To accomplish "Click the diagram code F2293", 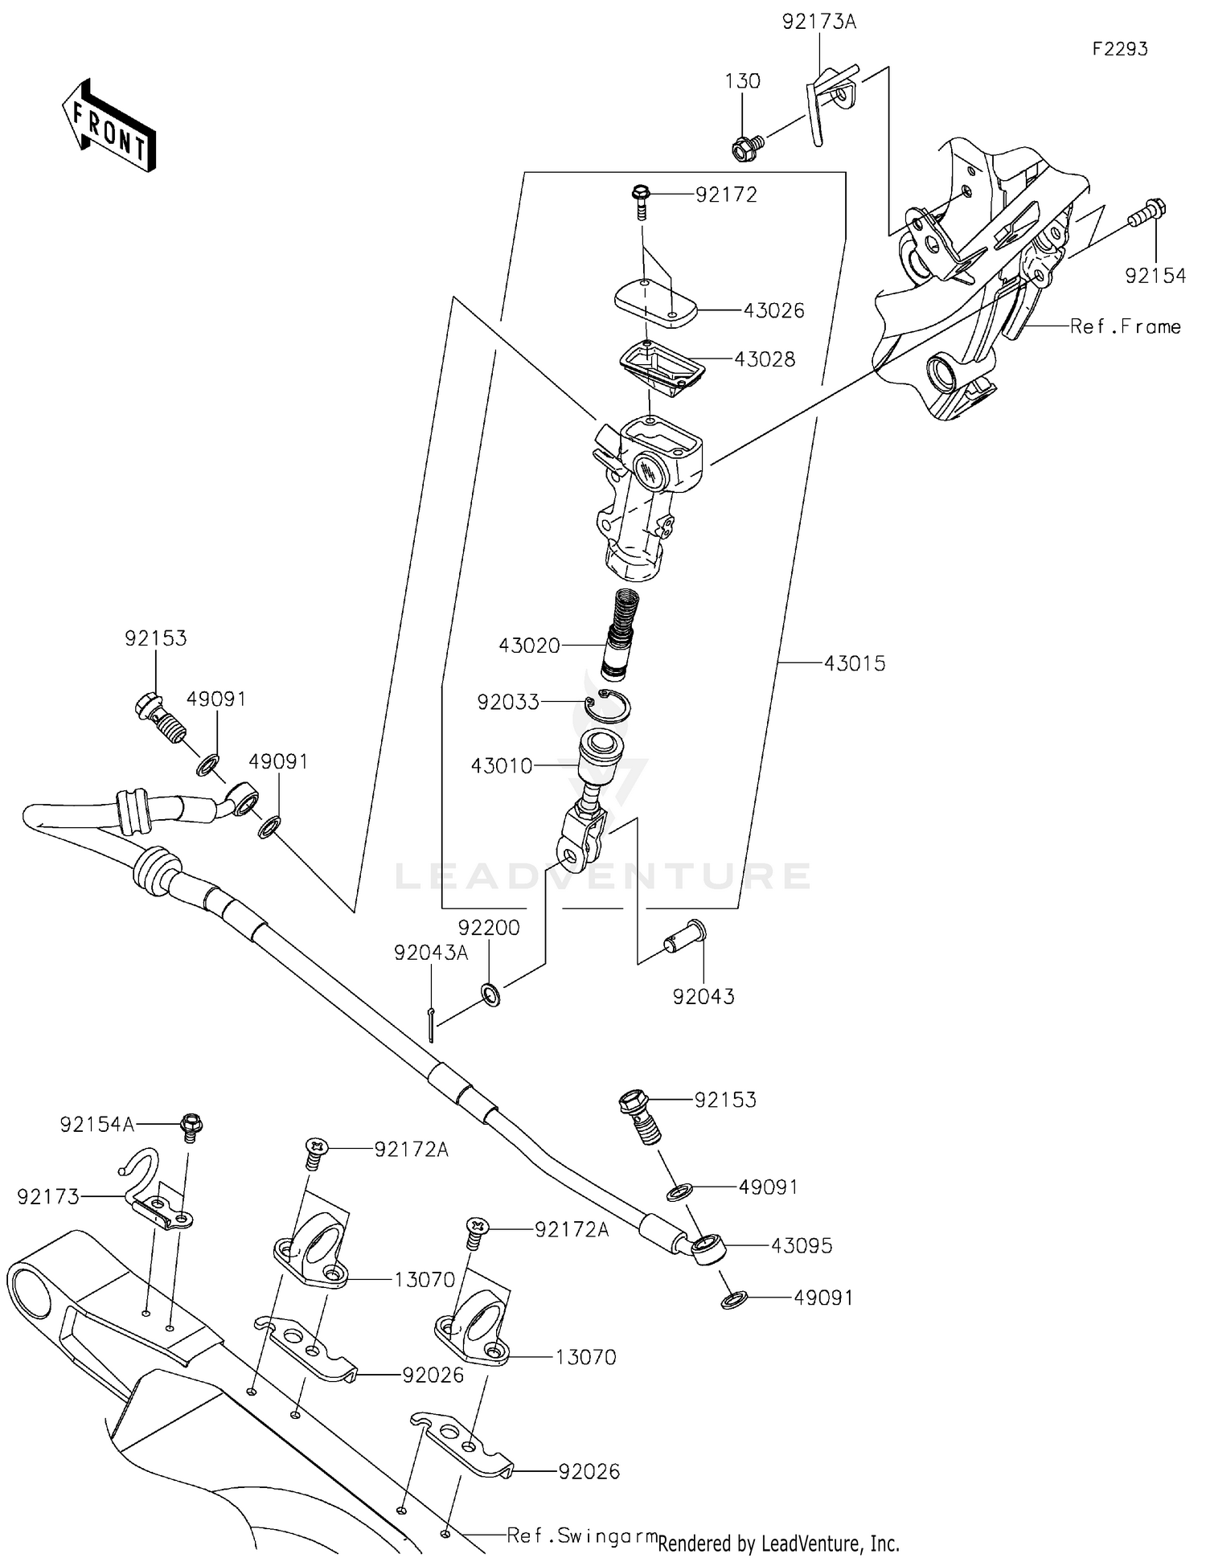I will (1119, 49).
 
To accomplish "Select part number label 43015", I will (854, 663).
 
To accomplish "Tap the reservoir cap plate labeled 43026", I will (655, 304).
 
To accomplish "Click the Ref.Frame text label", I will (1125, 326).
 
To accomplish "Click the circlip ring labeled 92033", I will (607, 706).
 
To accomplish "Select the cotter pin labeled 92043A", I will (431, 1026).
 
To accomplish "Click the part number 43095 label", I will (801, 1245).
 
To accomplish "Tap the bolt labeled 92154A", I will (191, 1126).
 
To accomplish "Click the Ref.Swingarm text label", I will (581, 1535).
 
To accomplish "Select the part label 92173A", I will (819, 22).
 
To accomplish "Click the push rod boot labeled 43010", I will (601, 760).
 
